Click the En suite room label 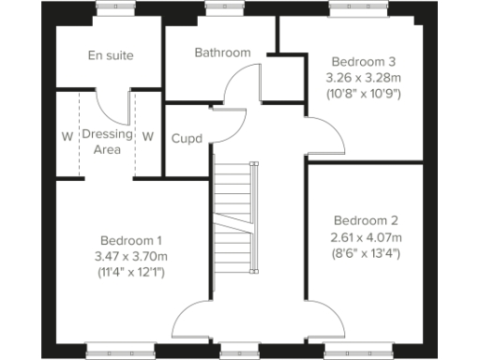pyautogui.click(x=111, y=55)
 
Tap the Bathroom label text pyautogui.click(x=222, y=52)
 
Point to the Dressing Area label pyautogui.click(x=108, y=142)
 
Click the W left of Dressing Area pyautogui.click(x=67, y=136)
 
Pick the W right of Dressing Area pyautogui.click(x=148, y=136)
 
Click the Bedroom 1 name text pyautogui.click(x=131, y=238)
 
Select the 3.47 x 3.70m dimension pyautogui.click(x=131, y=256)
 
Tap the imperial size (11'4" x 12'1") pyautogui.click(x=131, y=273)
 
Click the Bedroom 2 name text pyautogui.click(x=365, y=220)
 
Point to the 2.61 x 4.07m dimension pyautogui.click(x=365, y=237)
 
